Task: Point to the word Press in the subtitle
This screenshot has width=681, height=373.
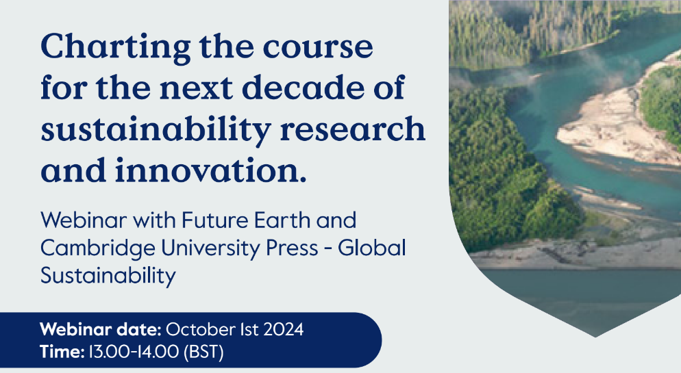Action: pos(293,248)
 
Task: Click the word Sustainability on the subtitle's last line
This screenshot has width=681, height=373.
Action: pos(108,276)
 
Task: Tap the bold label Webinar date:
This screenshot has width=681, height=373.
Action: pos(101,330)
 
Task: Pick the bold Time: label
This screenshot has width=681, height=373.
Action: pos(62,352)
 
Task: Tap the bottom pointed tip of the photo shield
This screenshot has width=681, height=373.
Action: pos(594,336)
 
